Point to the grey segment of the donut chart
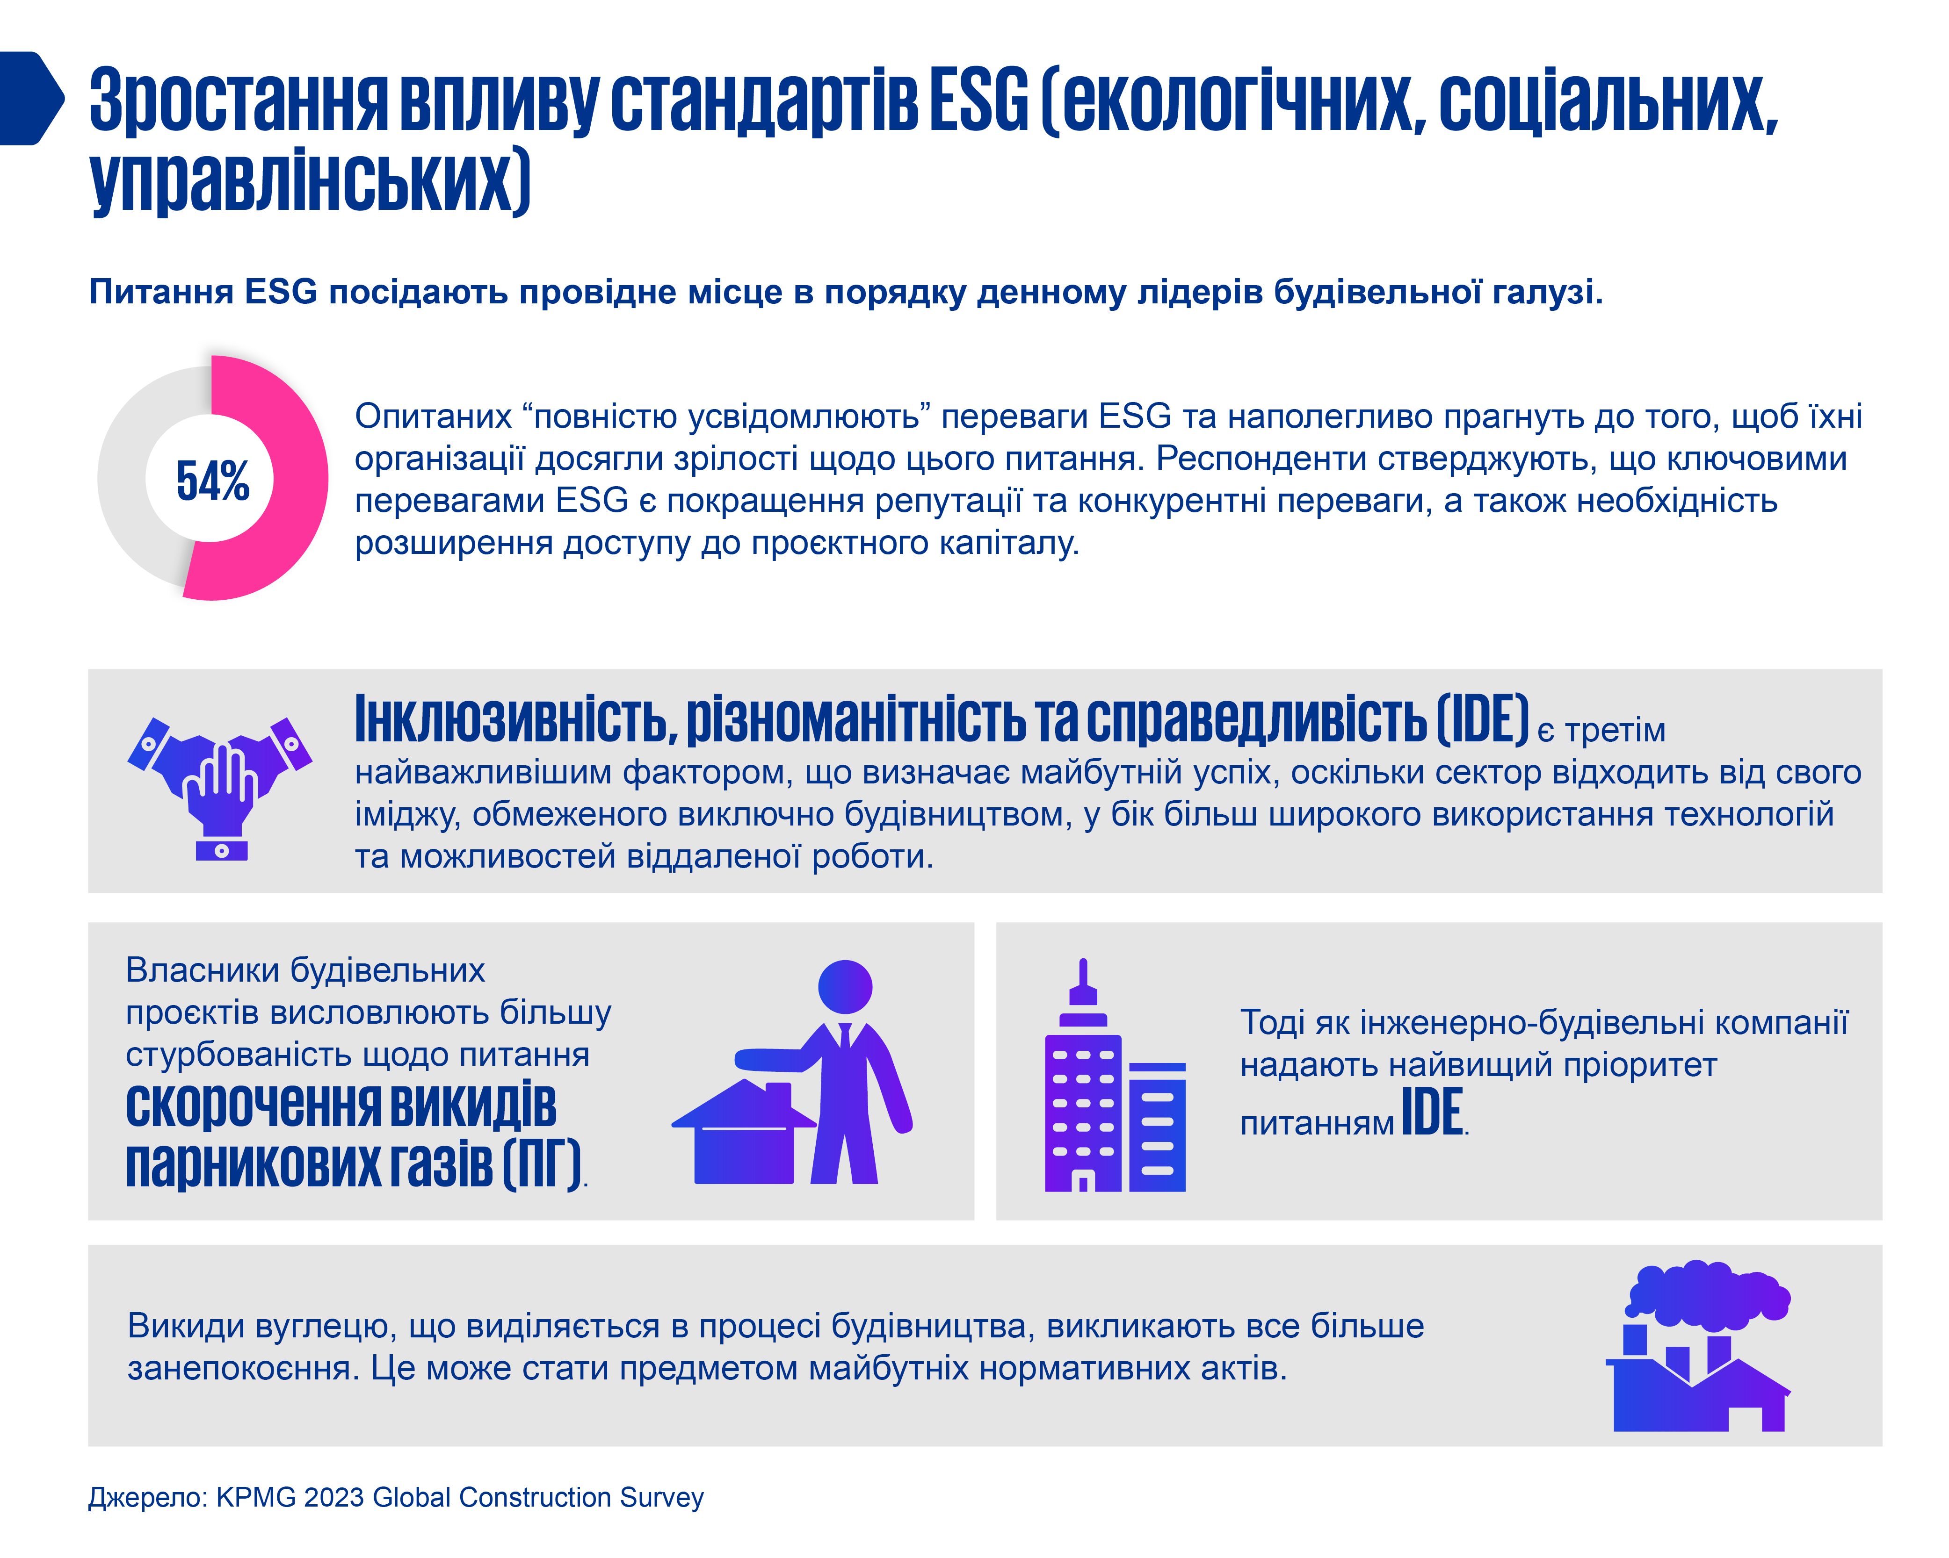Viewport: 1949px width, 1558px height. pos(127,479)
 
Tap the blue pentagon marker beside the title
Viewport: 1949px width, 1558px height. pos(32,98)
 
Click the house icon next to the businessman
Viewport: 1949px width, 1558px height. pos(743,1131)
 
